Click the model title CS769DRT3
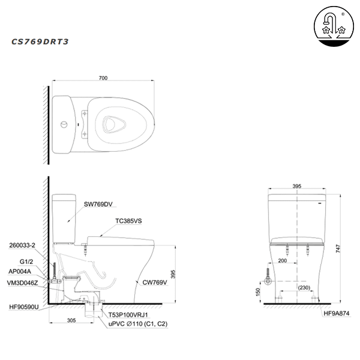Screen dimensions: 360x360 tap(41, 42)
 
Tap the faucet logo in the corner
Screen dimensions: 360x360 tap(332, 27)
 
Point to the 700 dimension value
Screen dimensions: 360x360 tap(103, 79)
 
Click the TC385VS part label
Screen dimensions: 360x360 tap(128, 221)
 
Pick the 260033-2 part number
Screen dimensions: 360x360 tap(23, 245)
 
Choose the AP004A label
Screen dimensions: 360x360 tap(20, 271)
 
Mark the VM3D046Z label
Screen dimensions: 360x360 tap(23, 282)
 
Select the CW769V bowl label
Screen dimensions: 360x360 tap(155, 281)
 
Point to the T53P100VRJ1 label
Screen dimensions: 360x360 tap(128, 314)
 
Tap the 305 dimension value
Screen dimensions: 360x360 tap(71, 321)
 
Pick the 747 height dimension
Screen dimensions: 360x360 tap(339, 247)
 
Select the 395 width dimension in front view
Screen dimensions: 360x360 tap(296, 187)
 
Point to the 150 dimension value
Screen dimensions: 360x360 tap(258, 292)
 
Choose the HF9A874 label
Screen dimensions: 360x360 tap(337, 313)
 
